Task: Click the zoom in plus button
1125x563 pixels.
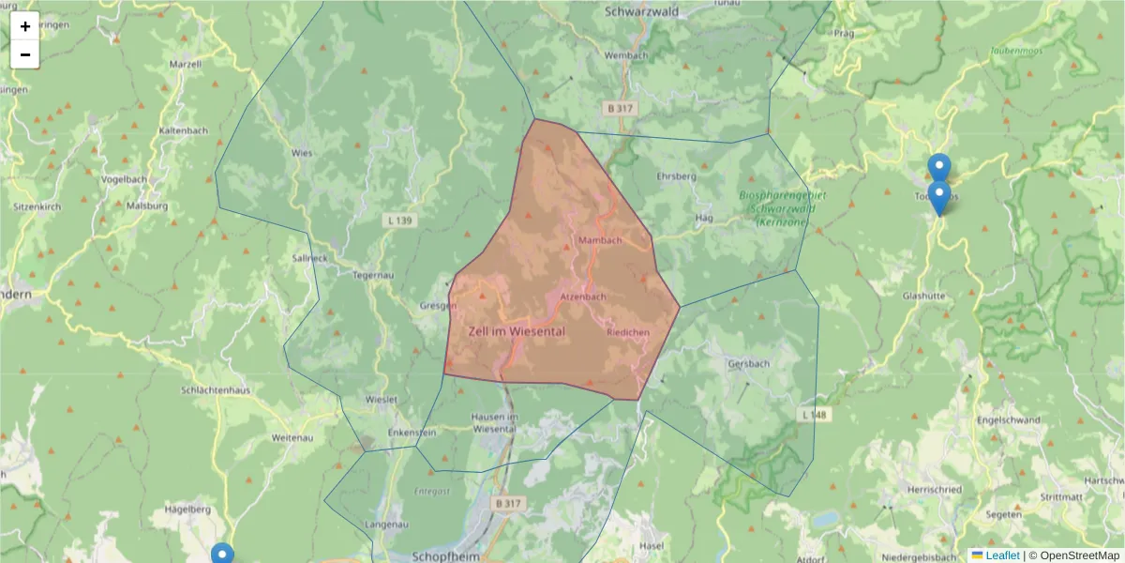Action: pyautogui.click(x=25, y=26)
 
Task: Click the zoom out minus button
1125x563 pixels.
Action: pyautogui.click(x=25, y=54)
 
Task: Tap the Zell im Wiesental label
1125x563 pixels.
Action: pyautogui.click(x=517, y=331)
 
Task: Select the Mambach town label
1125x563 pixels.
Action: pyautogui.click(x=600, y=241)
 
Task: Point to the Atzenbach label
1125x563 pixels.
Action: pyautogui.click(x=582, y=297)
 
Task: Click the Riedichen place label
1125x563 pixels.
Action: pyautogui.click(x=628, y=333)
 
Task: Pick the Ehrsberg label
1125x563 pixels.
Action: pyautogui.click(x=676, y=176)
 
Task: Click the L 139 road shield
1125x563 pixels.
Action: pyautogui.click(x=399, y=221)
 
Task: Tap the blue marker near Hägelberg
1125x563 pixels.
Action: pyautogui.click(x=222, y=554)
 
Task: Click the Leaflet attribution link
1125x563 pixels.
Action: pyautogui.click(x=1001, y=555)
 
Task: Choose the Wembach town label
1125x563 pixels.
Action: pyautogui.click(x=626, y=55)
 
